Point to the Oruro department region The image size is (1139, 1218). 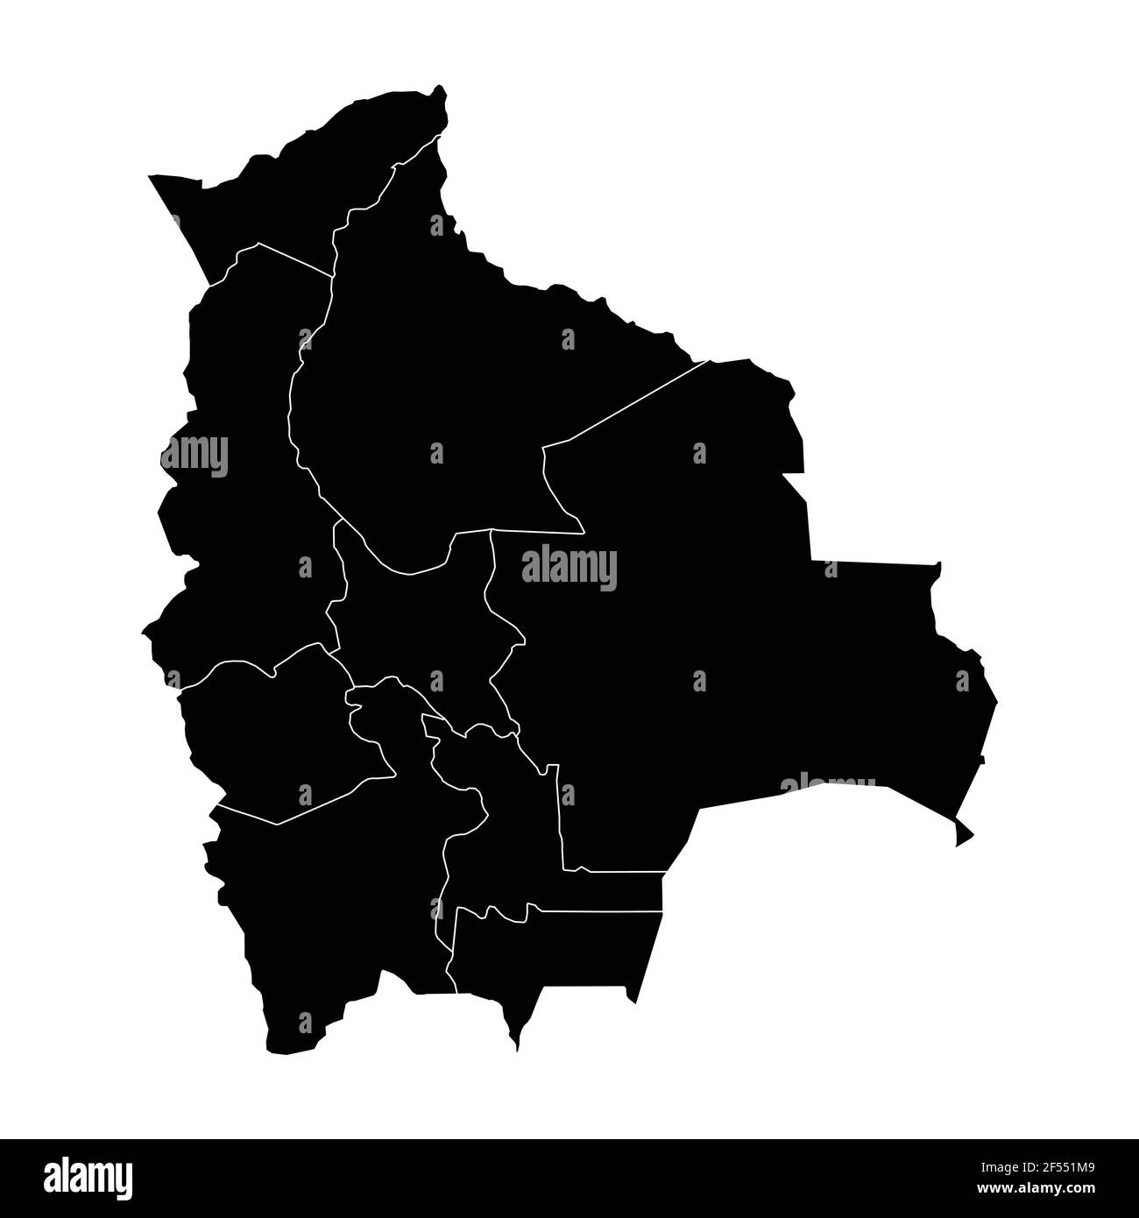point(280,736)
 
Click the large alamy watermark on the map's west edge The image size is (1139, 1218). point(195,456)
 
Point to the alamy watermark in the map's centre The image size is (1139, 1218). point(569,568)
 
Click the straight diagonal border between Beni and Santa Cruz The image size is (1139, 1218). point(640,400)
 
